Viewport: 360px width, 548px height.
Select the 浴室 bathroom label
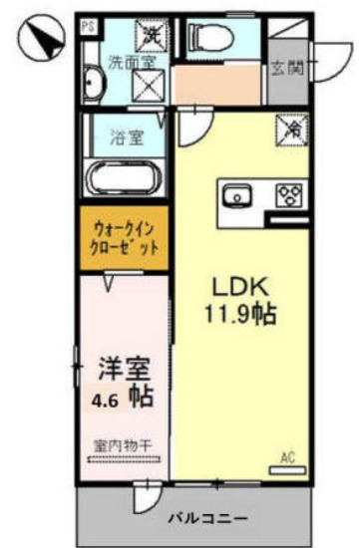pyautogui.click(x=126, y=137)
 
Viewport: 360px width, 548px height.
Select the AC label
pyautogui.click(x=287, y=456)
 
